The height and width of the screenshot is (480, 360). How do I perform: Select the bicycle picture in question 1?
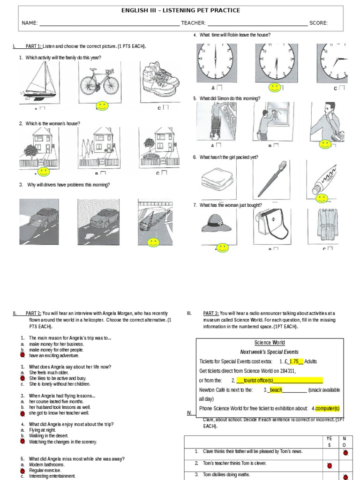tap(99, 81)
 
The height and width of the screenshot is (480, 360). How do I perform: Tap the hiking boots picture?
tap(159, 80)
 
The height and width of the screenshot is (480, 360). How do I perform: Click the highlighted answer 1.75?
tap(293, 361)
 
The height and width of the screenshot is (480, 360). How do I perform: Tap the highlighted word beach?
tap(276, 390)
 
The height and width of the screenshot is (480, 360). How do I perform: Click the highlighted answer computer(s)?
tap(327, 408)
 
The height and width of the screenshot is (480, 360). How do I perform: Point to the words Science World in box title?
tap(270, 343)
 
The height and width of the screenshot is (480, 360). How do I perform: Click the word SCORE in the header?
tap(318, 23)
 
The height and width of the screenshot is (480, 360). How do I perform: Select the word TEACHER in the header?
tap(193, 23)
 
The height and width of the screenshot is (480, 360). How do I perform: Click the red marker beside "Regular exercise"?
tap(22, 470)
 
